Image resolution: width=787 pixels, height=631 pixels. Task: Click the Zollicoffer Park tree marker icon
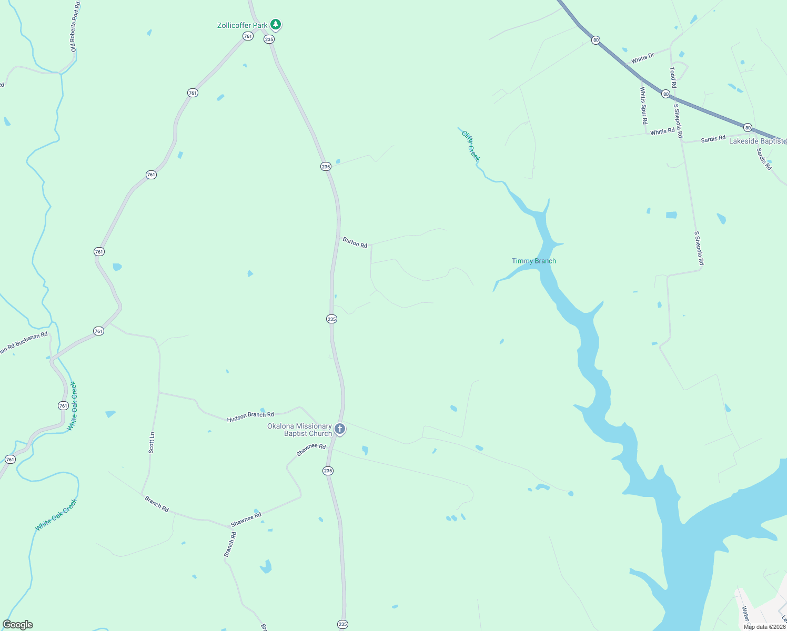[x=275, y=24]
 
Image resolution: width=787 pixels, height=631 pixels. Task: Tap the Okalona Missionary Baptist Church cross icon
[x=340, y=429]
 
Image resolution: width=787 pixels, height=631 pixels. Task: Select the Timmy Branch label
[x=533, y=261]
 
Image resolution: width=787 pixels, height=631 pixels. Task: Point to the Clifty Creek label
[x=471, y=146]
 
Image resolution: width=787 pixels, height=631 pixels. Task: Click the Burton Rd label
[x=355, y=242]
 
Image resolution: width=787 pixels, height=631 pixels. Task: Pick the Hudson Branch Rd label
[x=250, y=418]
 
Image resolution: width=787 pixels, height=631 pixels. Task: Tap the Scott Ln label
[x=152, y=443]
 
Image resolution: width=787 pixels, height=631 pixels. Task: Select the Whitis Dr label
[x=642, y=58]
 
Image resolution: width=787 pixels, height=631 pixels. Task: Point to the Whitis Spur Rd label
[x=643, y=105]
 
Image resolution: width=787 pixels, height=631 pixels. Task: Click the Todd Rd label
[x=673, y=77]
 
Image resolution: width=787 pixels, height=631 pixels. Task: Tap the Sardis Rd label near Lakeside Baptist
[x=713, y=139]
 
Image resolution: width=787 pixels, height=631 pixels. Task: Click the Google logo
[x=18, y=625]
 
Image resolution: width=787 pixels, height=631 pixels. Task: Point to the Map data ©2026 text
[x=764, y=627]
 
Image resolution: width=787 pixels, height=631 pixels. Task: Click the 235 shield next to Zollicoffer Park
[x=269, y=39]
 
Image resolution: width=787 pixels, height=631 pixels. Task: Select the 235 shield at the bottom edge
[x=342, y=624]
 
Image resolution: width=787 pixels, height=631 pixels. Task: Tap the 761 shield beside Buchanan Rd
[x=98, y=331]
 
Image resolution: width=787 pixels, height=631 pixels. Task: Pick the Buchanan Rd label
[x=32, y=341]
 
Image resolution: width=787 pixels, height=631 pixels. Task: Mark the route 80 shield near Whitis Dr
[x=596, y=40]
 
